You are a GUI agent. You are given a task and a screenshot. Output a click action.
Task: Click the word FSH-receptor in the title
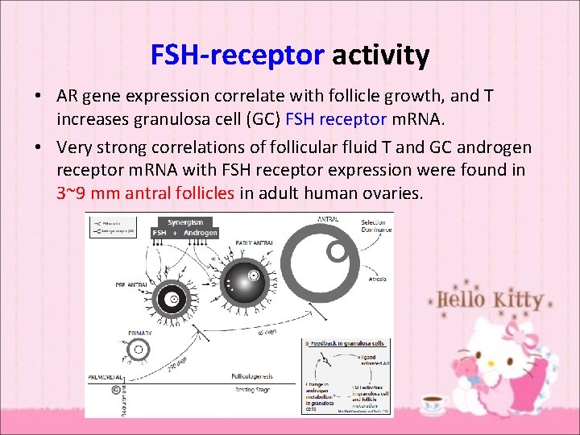[x=237, y=56]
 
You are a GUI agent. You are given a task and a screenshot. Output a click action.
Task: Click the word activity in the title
[x=380, y=56]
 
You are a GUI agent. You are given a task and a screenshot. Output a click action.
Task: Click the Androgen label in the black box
[x=200, y=233]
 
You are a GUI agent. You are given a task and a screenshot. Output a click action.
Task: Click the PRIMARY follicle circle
[x=139, y=350]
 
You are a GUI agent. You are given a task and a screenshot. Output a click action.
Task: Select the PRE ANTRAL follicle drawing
[x=172, y=300]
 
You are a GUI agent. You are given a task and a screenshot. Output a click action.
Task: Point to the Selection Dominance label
[x=376, y=226]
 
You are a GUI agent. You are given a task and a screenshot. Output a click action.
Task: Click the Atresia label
[x=377, y=279]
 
